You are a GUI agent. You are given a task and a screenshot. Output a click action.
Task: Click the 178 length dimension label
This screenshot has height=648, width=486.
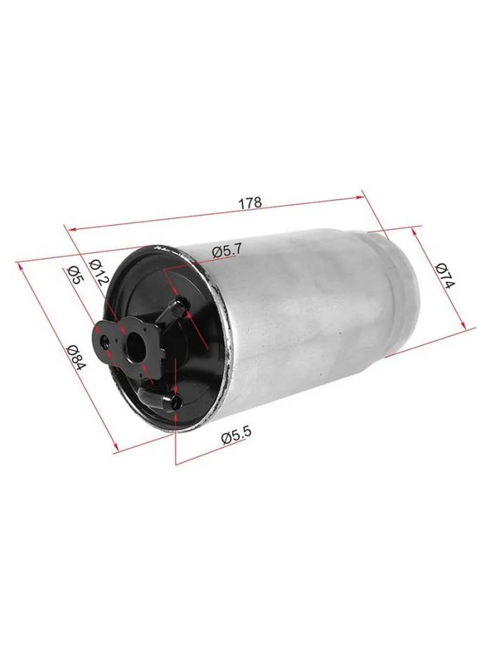250,203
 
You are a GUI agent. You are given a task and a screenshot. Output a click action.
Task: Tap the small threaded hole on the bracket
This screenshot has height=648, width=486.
105,342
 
